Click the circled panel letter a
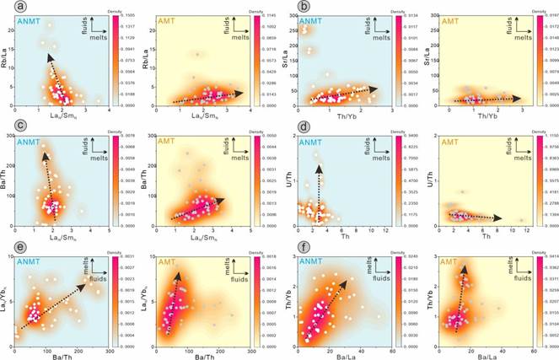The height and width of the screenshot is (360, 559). (x=8, y=8)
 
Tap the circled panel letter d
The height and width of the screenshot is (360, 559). (x=288, y=128)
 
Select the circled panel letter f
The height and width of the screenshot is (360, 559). (x=288, y=248)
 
